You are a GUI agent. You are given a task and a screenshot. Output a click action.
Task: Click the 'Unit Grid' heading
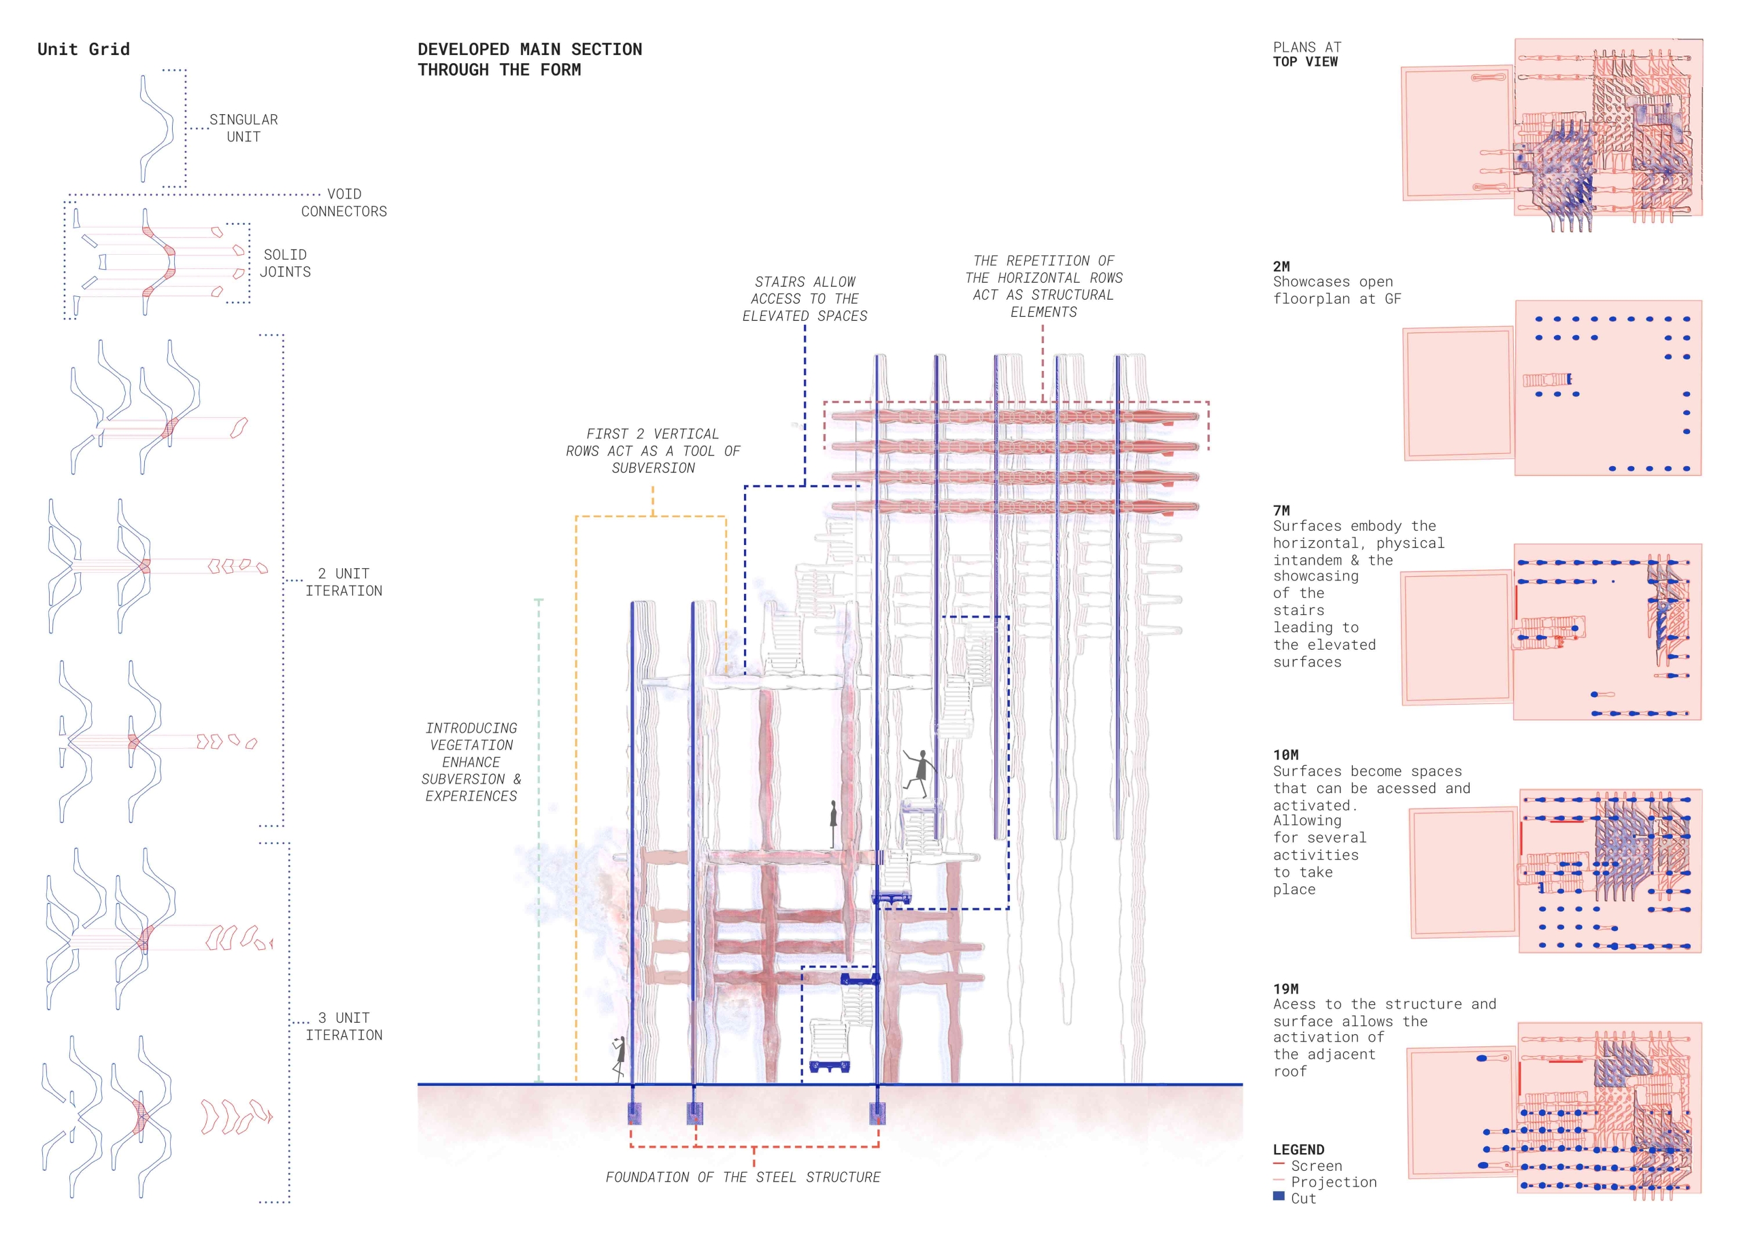pos(84,50)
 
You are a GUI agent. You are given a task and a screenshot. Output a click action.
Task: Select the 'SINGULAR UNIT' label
pos(243,128)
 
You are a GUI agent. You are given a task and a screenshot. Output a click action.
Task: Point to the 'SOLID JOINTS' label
pos(285,263)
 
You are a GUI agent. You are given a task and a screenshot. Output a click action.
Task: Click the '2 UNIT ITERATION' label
pos(343,582)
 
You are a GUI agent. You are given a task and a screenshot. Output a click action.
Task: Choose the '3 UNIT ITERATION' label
pos(343,1027)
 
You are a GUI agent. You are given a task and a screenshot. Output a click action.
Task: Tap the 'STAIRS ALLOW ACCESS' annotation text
pos(805,298)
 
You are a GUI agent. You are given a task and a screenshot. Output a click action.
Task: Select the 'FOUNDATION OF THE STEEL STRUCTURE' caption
pos(743,1177)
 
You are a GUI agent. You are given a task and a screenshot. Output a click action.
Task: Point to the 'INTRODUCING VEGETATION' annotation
pos(471,762)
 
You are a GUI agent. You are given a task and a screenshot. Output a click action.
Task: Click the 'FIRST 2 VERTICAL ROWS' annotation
pos(653,451)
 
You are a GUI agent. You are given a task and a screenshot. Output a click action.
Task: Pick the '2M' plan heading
pos(1281,266)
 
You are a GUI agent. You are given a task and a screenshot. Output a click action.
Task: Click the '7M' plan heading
pos(1281,510)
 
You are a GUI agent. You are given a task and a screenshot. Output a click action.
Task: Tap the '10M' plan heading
pos(1285,756)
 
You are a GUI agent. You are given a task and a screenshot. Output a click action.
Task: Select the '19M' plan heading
pos(1285,989)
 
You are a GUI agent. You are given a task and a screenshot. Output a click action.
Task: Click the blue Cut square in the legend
pos(1279,1196)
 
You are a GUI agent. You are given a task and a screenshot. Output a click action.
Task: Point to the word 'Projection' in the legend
pos(1334,1182)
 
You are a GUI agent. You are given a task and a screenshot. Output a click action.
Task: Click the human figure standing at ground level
pos(620,1059)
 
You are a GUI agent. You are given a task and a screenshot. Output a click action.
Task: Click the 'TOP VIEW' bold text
pos(1305,63)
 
